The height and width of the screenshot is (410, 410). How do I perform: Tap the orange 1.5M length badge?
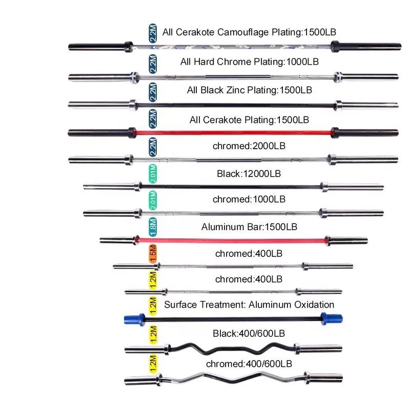[x=153, y=253]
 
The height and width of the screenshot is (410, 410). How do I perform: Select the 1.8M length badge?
[x=153, y=226]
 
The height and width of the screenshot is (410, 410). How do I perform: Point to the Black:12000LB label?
[x=249, y=174]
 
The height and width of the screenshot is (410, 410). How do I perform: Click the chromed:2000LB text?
[x=249, y=146]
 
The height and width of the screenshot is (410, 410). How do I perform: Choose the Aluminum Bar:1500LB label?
[x=249, y=226]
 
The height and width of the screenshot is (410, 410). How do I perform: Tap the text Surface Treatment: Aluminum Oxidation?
[x=249, y=305]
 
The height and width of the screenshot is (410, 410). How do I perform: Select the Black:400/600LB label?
[x=249, y=334]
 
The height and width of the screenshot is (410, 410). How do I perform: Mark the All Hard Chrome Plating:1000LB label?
[x=250, y=61]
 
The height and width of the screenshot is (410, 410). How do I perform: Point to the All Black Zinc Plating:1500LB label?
[x=249, y=90]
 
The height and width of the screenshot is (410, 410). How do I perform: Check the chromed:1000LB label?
[x=249, y=198]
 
